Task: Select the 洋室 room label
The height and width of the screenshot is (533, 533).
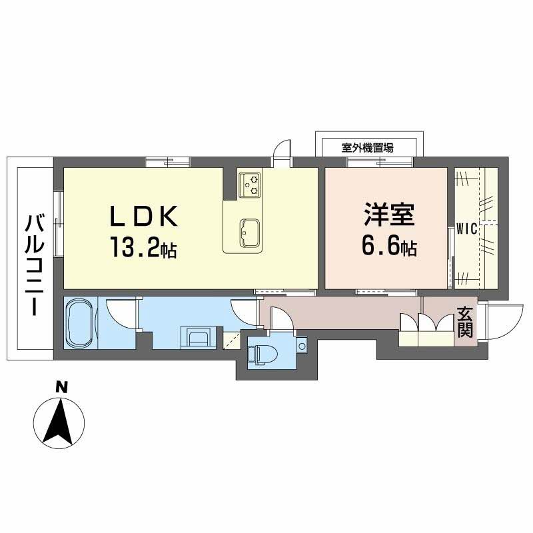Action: click(389, 217)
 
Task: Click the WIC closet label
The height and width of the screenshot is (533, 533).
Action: click(464, 230)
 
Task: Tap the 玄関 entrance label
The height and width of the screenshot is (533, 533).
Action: click(465, 322)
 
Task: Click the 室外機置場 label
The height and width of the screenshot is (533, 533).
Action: click(367, 148)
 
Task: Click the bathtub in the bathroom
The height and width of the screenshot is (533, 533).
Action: click(81, 322)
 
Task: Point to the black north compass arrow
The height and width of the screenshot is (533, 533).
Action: click(59, 421)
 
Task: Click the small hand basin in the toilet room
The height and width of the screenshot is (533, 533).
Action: click(302, 346)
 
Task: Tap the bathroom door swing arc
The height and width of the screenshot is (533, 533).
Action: click(118, 310)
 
